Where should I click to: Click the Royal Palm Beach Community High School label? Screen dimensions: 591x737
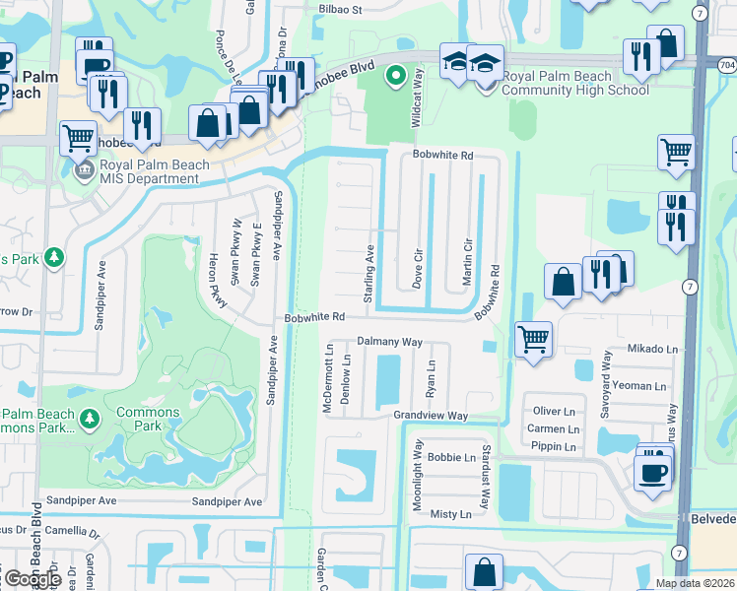pyautogui.click(x=575, y=83)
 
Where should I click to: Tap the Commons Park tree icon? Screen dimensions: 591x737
pyautogui.click(x=90, y=420)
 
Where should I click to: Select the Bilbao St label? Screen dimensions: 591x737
pyautogui.click(x=341, y=9)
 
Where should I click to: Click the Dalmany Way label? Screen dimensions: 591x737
pyautogui.click(x=389, y=341)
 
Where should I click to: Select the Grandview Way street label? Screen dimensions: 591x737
pyautogui.click(x=431, y=416)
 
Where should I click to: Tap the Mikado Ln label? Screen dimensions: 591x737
pyautogui.click(x=653, y=349)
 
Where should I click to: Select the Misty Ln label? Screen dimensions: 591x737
pyautogui.click(x=451, y=514)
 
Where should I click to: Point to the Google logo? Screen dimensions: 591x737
pyautogui.click(x=33, y=578)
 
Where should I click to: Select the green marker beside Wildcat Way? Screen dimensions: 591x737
pyautogui.click(x=395, y=75)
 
